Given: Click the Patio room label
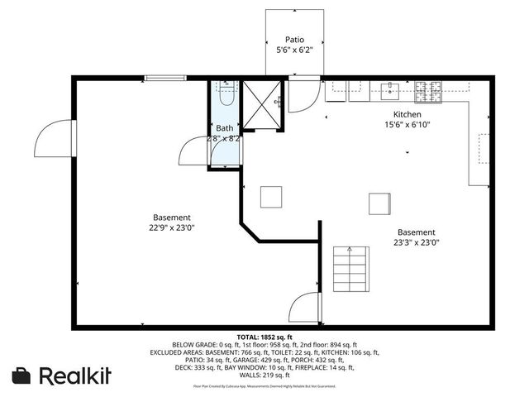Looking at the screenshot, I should click(295, 39).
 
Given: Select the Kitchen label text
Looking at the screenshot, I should click(407, 114).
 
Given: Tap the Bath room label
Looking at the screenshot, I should click(225, 128).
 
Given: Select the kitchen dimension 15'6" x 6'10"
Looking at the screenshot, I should click(407, 125).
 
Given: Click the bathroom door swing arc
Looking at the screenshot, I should click(195, 151).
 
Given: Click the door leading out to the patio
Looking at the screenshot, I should click(305, 95).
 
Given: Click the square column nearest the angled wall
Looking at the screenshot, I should click(271, 197).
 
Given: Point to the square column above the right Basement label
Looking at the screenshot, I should click(379, 203).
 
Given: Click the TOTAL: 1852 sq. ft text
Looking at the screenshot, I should click(264, 337).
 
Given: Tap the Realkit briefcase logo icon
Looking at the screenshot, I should click(21, 375).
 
